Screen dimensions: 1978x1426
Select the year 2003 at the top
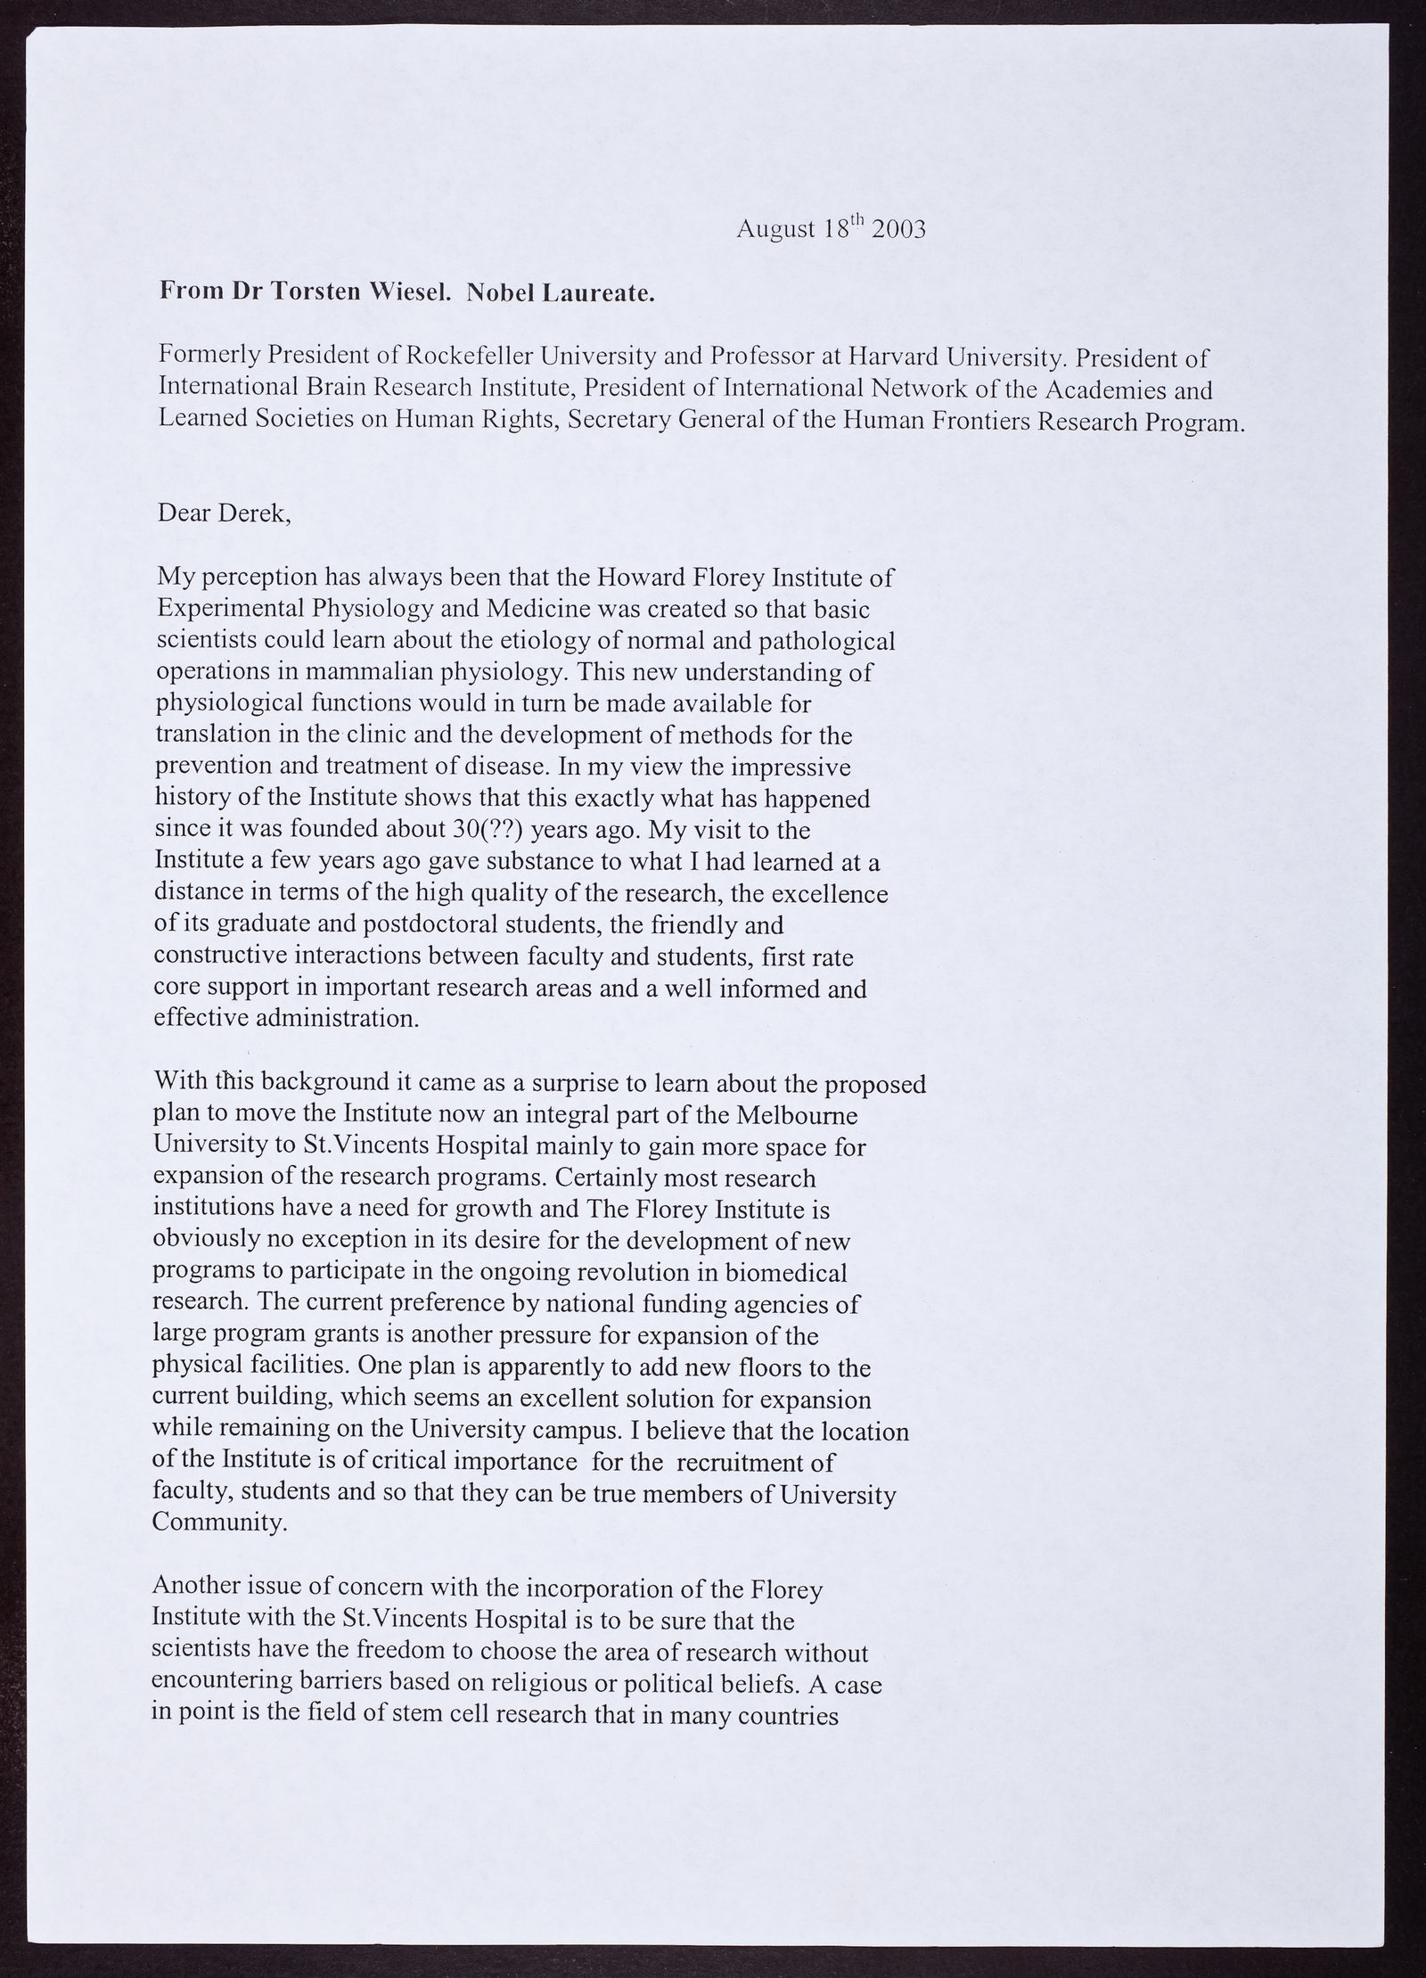899,230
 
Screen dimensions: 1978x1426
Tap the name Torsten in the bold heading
307,292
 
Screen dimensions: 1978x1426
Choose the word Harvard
894,358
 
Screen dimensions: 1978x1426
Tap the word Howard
639,578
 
